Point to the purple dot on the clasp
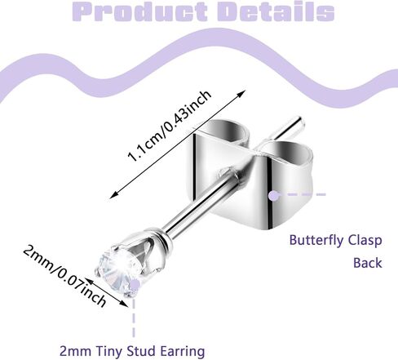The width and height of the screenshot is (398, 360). (x=272, y=196)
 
